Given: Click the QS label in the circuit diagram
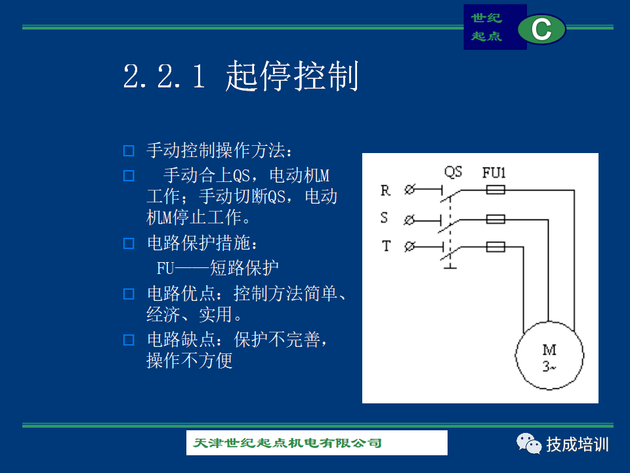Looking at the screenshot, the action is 453,172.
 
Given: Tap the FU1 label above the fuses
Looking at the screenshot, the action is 493,173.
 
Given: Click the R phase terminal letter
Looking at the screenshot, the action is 385,191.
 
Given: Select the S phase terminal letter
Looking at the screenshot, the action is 384,217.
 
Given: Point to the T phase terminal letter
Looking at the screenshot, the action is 386,245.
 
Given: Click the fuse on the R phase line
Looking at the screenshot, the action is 495,189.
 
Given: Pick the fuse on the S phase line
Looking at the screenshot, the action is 495,219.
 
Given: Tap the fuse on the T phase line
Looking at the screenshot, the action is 495,246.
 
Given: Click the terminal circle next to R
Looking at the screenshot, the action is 409,189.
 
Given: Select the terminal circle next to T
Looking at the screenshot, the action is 409,246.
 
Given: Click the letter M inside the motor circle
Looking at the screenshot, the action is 549,350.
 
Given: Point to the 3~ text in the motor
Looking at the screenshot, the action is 549,367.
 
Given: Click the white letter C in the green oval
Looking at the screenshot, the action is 541,29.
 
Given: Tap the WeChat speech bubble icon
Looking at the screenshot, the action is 529,443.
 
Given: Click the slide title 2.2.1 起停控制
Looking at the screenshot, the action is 240,76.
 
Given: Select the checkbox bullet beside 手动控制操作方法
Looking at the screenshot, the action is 129,151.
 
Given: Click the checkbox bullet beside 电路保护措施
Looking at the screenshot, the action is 129,243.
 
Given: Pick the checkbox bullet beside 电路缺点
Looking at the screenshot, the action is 129,340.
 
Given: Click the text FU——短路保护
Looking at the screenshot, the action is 217,268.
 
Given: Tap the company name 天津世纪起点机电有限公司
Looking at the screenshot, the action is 287,443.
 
